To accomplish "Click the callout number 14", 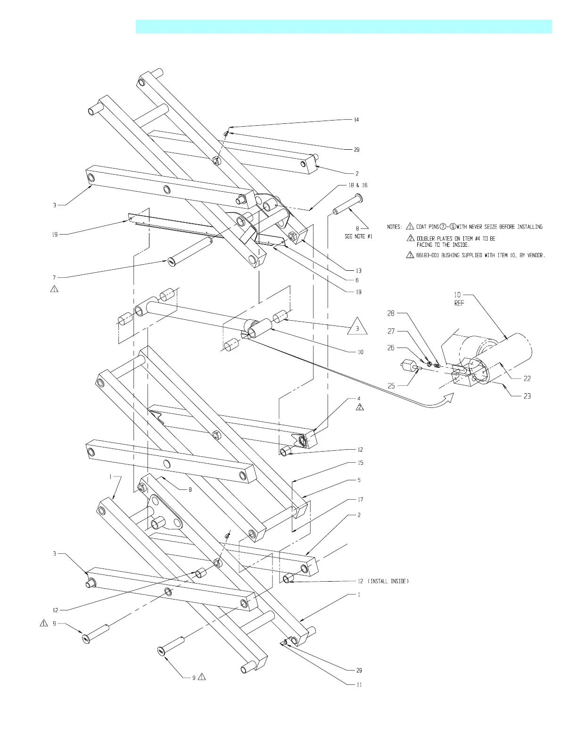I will [x=356, y=120].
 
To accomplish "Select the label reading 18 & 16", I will [x=358, y=185].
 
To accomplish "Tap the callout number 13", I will [x=359, y=270].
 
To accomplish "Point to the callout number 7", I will [x=54, y=277].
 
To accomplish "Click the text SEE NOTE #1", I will [x=358, y=236].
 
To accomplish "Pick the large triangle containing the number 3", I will [x=357, y=327].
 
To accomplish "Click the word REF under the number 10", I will [x=459, y=303].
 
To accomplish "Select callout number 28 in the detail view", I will [x=391, y=313].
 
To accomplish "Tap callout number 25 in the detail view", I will [x=391, y=386].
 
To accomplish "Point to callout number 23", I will [x=527, y=396].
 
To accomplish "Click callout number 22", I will [x=527, y=378].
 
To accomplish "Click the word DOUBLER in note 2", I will [x=427, y=238].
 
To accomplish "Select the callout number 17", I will [x=360, y=499].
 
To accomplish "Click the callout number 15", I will [x=360, y=462].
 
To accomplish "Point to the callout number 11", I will [x=359, y=684].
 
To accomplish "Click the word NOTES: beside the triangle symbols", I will [x=395, y=227].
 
